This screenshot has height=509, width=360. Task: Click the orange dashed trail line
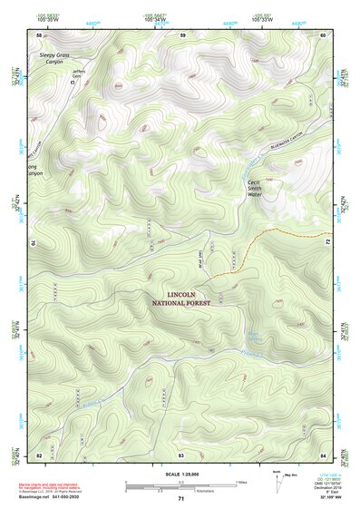(272, 238)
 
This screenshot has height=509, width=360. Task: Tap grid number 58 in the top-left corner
(39, 34)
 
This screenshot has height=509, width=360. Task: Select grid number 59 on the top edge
(181, 34)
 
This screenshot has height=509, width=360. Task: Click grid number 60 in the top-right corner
(323, 34)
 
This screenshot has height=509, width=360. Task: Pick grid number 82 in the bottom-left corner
(39, 453)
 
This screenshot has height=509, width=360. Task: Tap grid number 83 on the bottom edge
(181, 453)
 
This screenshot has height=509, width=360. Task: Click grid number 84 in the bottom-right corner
(323, 453)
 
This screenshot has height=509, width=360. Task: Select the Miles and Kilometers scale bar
(180, 486)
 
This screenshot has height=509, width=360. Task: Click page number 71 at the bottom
(180, 500)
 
